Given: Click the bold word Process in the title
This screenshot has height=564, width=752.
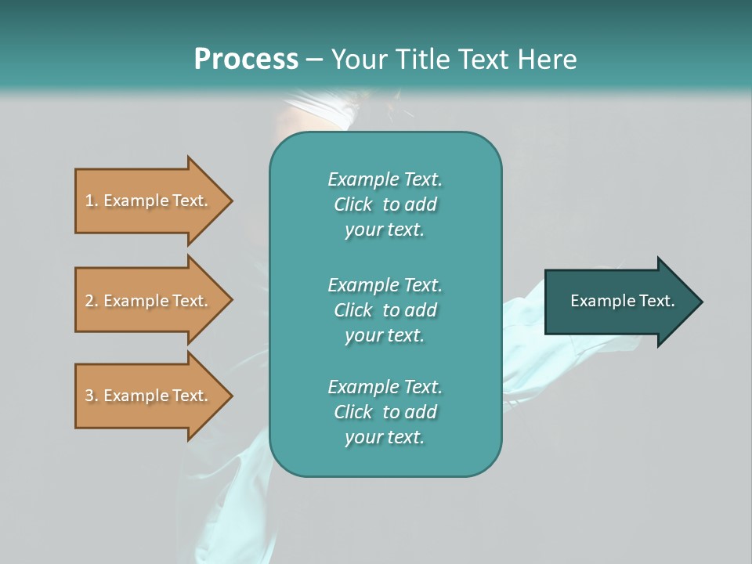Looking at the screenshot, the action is pyautogui.click(x=246, y=59).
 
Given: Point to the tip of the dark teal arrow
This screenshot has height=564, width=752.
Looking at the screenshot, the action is pyautogui.click(x=703, y=302).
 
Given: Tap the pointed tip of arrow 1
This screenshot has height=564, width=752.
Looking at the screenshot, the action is pyautogui.click(x=233, y=201).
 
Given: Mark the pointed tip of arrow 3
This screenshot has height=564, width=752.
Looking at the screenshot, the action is pyautogui.click(x=233, y=396).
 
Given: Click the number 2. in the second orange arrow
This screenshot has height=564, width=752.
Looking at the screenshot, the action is pyautogui.click(x=92, y=301).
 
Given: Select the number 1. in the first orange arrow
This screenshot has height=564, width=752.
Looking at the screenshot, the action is pyautogui.click(x=92, y=201).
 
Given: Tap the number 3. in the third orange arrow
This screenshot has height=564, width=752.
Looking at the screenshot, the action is pyautogui.click(x=92, y=396).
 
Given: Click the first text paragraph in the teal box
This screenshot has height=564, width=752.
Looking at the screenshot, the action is pyautogui.click(x=385, y=204).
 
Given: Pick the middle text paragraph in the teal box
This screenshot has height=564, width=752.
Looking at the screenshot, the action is pyautogui.click(x=385, y=310).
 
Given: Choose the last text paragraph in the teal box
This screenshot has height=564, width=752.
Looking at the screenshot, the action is pyautogui.click(x=385, y=412).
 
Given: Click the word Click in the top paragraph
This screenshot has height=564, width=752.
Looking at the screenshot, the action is pyautogui.click(x=353, y=204).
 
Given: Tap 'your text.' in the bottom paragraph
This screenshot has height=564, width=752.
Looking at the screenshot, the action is pyautogui.click(x=385, y=437).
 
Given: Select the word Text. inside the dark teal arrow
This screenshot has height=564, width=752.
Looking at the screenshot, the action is pyautogui.click(x=657, y=301).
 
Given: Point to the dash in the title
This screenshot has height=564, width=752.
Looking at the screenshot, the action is pyautogui.click(x=315, y=60).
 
